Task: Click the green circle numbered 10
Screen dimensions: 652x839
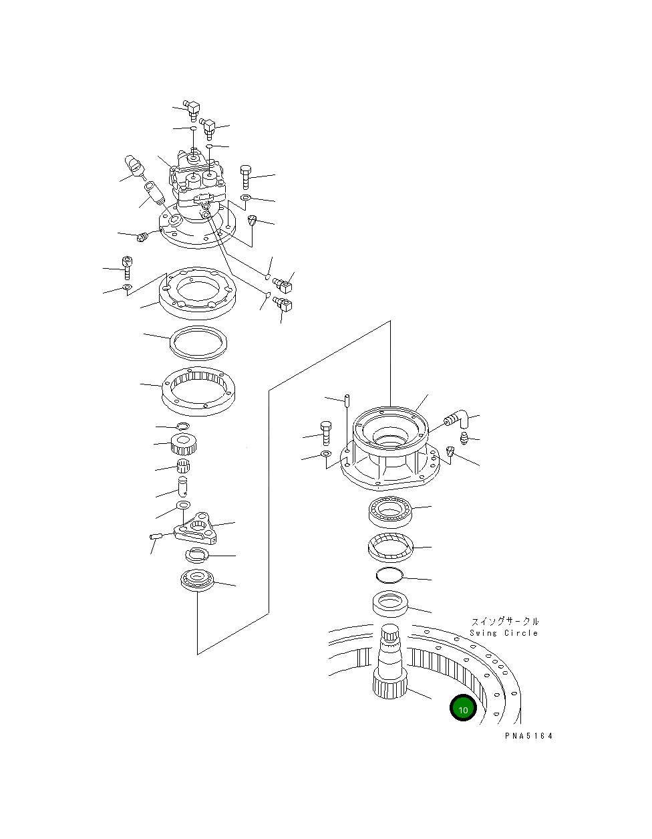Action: point(463,708)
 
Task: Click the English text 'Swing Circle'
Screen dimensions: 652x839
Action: point(504,633)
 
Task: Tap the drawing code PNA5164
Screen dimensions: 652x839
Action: point(528,736)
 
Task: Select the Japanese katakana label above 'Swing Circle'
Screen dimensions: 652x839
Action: point(505,622)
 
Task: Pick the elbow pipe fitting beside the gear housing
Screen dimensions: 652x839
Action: point(456,419)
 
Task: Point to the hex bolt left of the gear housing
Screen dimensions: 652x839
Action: point(325,433)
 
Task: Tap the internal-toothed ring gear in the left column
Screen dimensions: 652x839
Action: point(198,390)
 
